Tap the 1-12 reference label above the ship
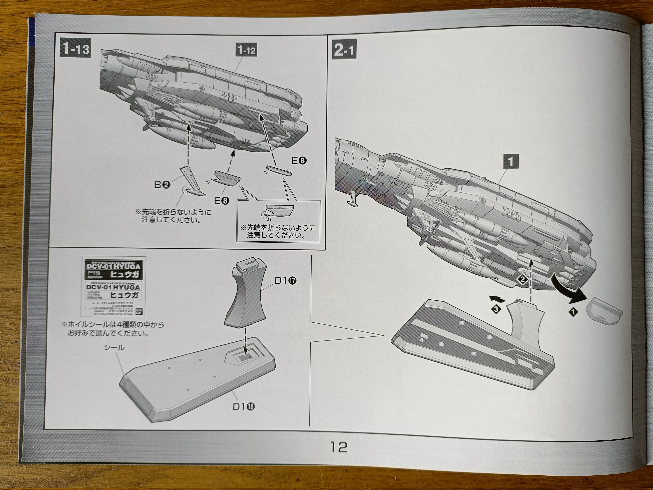pyautogui.click(x=246, y=50)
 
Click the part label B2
pyautogui.click(x=162, y=185)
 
